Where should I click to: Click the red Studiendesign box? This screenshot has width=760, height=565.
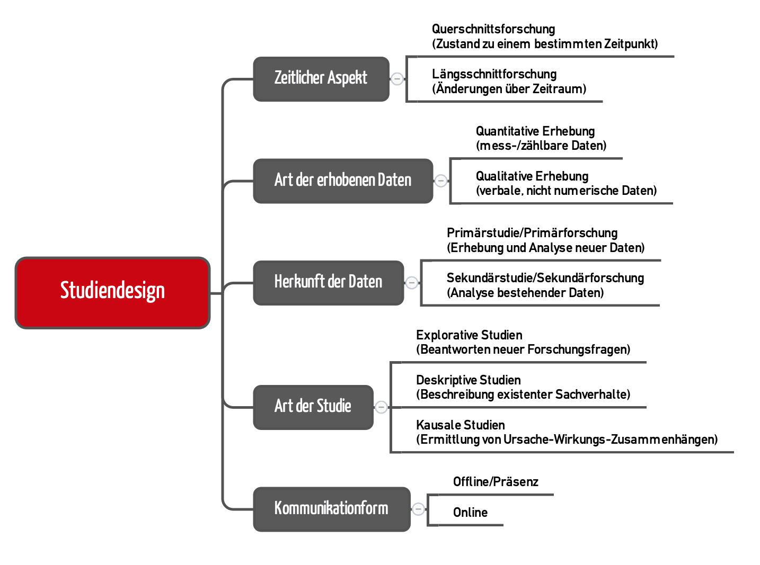click(112, 292)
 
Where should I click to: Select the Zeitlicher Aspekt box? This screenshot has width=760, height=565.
click(321, 79)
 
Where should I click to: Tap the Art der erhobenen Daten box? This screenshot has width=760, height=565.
click(343, 181)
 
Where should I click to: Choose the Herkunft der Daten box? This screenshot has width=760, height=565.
click(328, 283)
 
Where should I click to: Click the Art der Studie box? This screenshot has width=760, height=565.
click(313, 407)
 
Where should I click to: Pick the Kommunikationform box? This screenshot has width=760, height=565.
click(331, 509)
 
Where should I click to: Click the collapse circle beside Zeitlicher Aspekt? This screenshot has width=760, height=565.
click(397, 79)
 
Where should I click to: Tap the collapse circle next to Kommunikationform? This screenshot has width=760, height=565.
click(418, 509)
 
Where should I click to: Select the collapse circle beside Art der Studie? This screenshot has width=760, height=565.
click(381, 407)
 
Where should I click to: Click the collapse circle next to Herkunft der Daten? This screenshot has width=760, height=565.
click(412, 283)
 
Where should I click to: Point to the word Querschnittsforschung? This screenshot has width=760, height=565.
click(493, 29)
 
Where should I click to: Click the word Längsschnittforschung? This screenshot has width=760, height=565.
click(494, 74)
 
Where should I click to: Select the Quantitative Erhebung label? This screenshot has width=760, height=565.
click(535, 131)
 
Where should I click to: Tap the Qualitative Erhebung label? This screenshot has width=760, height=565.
click(532, 176)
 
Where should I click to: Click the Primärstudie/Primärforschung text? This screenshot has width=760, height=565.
click(532, 233)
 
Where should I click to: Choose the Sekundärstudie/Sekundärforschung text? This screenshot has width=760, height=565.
click(545, 278)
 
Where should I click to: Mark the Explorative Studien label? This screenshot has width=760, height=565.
click(469, 335)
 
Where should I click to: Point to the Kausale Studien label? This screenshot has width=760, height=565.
click(460, 425)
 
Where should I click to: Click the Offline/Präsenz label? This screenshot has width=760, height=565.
click(496, 482)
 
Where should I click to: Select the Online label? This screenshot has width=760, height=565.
click(470, 513)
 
